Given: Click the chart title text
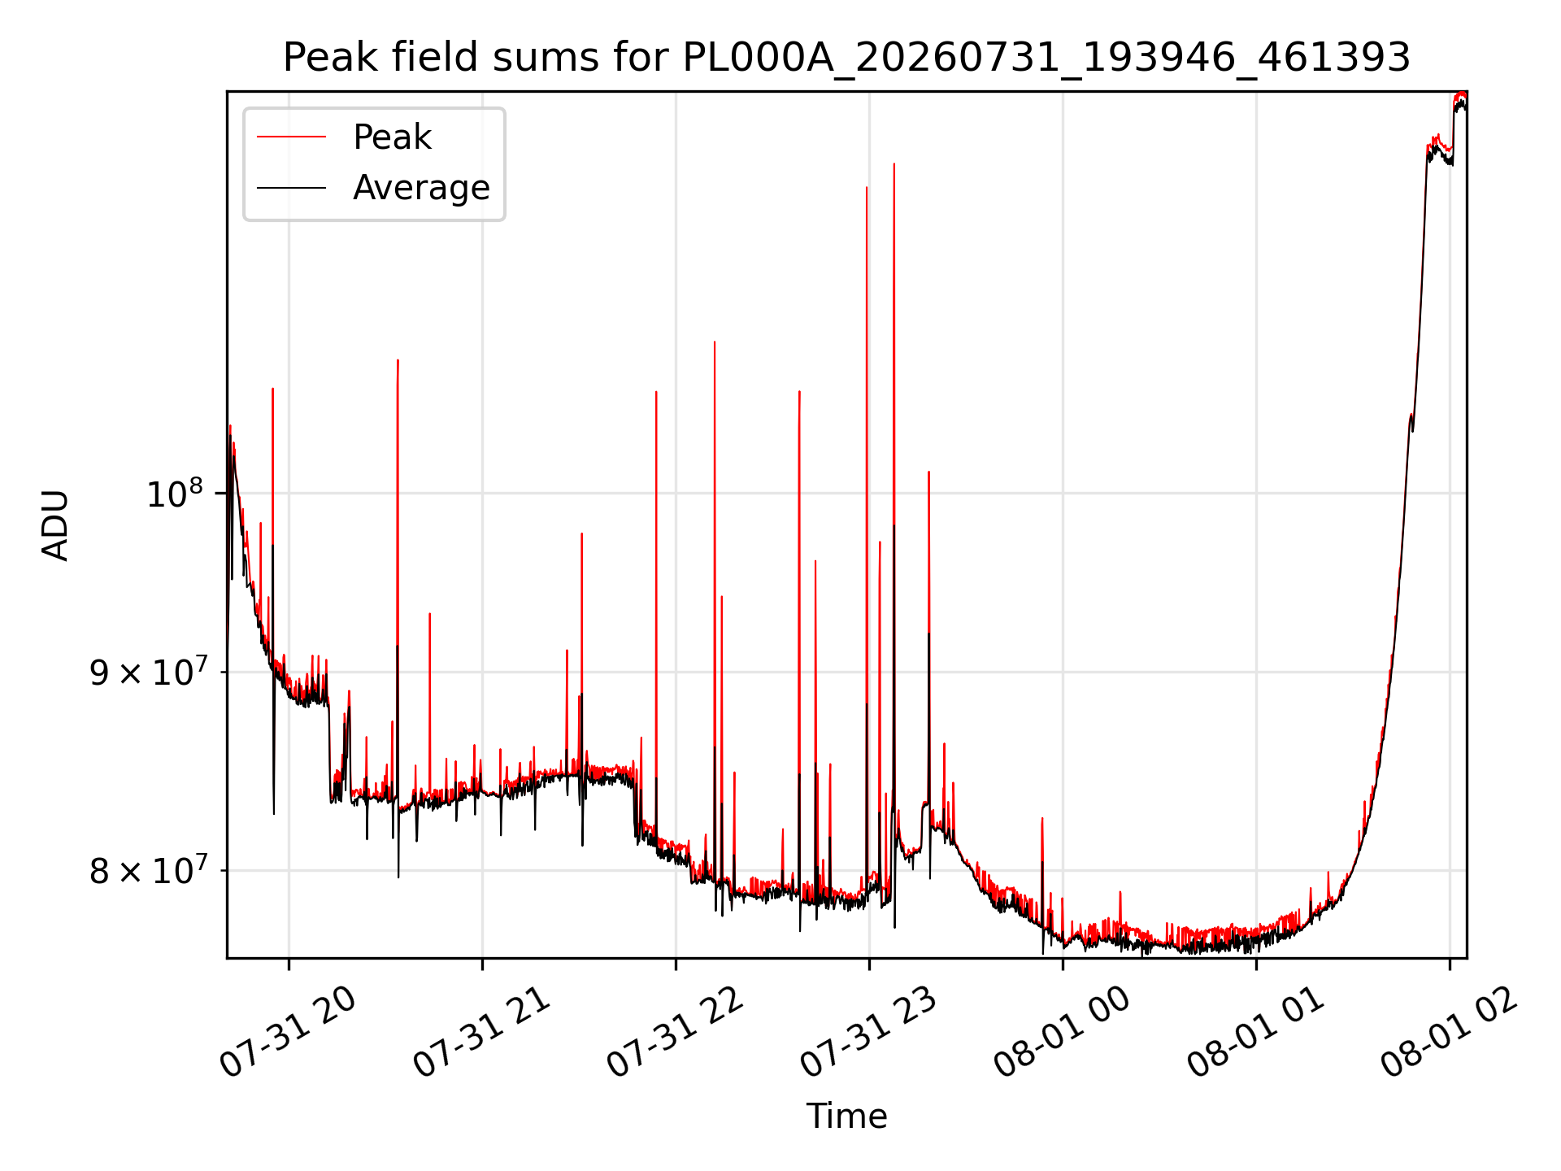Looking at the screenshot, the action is (x=846, y=58).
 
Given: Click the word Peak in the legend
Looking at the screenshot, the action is (x=392, y=137).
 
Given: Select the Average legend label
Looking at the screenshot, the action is (x=421, y=188).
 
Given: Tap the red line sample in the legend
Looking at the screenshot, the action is (x=292, y=137).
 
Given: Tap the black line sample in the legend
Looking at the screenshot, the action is (x=292, y=188).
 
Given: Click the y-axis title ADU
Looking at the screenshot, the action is (x=55, y=525).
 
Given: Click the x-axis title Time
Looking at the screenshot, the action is (x=846, y=1116).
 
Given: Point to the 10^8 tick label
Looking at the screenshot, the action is (x=174, y=493).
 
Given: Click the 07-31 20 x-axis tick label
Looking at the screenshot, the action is (x=289, y=1033).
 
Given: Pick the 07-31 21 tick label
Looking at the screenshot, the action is (x=482, y=1033).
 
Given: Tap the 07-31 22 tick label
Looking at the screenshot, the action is (x=676, y=1033).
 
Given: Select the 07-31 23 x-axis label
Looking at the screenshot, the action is (x=869, y=1033).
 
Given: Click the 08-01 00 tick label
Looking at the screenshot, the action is (x=1063, y=1033).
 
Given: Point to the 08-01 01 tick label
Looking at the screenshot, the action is (x=1256, y=1033).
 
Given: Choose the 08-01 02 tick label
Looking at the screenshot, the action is (x=1450, y=1033).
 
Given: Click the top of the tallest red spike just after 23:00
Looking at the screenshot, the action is (x=894, y=164).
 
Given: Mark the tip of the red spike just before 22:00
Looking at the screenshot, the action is (x=656, y=392).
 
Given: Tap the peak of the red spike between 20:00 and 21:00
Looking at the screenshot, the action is (x=398, y=360).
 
